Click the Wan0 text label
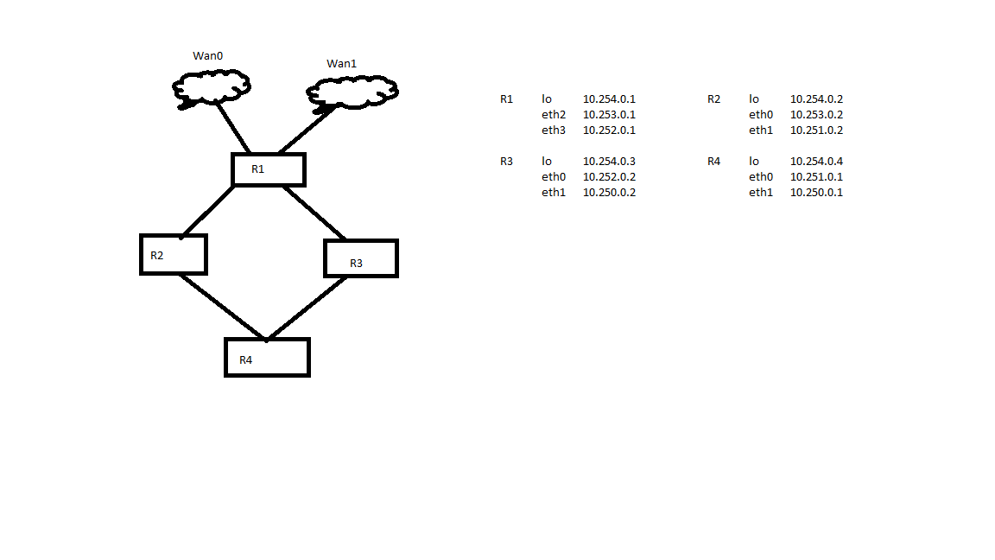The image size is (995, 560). [208, 56]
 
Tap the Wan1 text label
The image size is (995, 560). [341, 63]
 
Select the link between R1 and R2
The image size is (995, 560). [207, 212]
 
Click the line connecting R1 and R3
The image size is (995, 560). [314, 213]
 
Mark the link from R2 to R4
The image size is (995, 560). [222, 307]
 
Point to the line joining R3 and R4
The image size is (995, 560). [307, 308]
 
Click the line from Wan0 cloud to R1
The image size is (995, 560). [233, 128]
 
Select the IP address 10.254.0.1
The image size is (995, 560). [609, 99]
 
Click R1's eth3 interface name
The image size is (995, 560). [554, 130]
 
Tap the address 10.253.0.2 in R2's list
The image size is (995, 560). [817, 115]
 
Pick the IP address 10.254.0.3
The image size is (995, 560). [609, 162]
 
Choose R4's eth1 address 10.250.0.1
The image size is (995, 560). [817, 193]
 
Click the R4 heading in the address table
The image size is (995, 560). [714, 162]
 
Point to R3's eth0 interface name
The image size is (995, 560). [554, 177]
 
